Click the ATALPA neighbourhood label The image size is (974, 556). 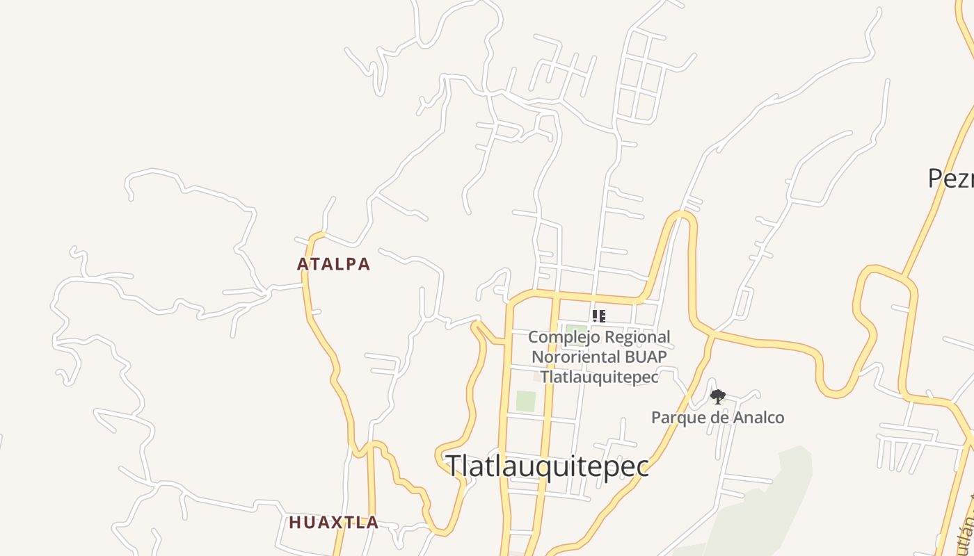point(333,264)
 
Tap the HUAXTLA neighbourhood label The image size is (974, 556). point(334,523)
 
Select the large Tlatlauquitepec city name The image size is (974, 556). point(548,466)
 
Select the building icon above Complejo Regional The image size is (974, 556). point(598,317)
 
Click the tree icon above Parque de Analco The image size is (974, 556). point(718,397)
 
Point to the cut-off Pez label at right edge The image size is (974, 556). point(951,179)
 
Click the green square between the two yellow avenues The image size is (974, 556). point(525,401)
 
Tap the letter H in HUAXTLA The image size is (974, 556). point(294,523)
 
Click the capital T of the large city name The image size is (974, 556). point(454,466)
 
